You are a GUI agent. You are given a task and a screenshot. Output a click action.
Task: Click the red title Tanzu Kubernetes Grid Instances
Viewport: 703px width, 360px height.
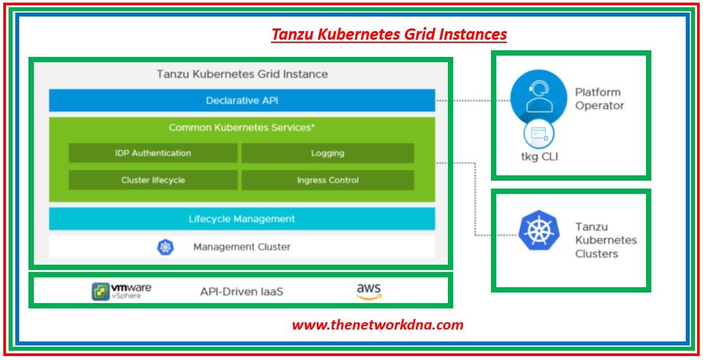click(x=389, y=34)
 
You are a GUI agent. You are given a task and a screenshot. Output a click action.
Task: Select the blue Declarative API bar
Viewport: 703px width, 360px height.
click(x=242, y=101)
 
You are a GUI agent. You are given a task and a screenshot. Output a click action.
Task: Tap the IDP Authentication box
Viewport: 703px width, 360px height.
click(x=153, y=153)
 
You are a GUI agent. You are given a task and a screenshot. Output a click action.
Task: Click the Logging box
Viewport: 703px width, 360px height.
click(x=327, y=153)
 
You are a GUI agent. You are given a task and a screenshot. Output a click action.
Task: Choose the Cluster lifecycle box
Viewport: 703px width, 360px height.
click(x=153, y=180)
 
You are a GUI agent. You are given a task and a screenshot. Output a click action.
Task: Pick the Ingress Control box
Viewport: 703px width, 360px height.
click(x=327, y=180)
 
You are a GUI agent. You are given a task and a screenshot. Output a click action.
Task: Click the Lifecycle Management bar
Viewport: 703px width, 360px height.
click(x=242, y=218)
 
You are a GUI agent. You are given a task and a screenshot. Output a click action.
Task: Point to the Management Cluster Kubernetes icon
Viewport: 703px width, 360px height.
click(x=165, y=247)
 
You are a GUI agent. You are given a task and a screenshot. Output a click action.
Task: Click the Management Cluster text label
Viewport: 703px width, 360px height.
click(x=242, y=247)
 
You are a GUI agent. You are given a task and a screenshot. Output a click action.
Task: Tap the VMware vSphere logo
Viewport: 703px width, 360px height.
click(x=121, y=291)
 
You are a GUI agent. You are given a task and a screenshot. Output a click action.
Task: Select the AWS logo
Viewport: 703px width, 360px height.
click(x=369, y=291)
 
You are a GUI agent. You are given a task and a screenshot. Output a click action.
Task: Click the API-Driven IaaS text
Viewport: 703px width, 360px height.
click(x=242, y=291)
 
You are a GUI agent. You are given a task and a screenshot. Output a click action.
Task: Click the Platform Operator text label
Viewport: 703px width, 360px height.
click(x=599, y=99)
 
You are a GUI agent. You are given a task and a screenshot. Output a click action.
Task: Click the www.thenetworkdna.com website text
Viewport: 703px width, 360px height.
click(x=378, y=325)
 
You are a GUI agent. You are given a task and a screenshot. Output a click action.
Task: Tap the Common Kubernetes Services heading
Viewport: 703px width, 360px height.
click(x=241, y=127)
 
